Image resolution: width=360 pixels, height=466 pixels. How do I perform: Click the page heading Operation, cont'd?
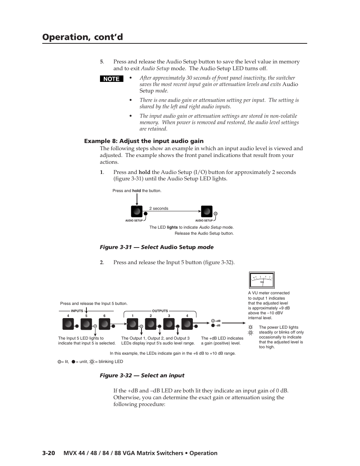(x=82, y=37)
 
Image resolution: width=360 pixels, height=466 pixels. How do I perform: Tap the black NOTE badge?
(x=111, y=79)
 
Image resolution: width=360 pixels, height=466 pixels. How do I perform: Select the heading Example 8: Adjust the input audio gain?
(x=143, y=141)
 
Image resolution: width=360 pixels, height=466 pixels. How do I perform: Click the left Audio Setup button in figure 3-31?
(x=136, y=211)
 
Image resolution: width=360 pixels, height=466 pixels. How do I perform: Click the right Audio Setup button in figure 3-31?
(x=206, y=211)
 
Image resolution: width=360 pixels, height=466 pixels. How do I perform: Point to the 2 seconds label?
(x=158, y=208)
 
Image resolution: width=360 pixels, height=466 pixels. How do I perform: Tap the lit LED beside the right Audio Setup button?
(x=215, y=214)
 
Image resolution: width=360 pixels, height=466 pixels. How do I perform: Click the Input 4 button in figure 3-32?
(x=68, y=324)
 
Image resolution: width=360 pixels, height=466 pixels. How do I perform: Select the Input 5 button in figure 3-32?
(x=86, y=324)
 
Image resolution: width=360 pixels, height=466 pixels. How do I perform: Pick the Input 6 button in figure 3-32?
(x=105, y=324)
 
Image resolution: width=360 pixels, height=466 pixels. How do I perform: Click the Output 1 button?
(x=132, y=324)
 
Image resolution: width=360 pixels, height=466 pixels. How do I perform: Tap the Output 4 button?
(x=187, y=324)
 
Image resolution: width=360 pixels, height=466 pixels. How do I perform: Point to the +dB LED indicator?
(x=213, y=321)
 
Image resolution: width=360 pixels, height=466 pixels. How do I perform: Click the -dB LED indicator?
(x=213, y=325)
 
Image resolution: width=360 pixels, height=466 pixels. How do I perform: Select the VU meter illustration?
(x=262, y=280)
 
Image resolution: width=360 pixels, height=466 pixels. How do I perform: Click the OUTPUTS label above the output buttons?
(x=160, y=311)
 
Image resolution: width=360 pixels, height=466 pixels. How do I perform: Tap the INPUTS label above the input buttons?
(x=77, y=311)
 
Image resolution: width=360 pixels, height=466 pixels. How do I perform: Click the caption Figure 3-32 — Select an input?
(x=142, y=375)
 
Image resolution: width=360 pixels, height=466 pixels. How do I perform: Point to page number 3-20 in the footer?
(x=49, y=453)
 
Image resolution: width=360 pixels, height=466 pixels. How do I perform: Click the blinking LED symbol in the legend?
(x=92, y=361)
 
